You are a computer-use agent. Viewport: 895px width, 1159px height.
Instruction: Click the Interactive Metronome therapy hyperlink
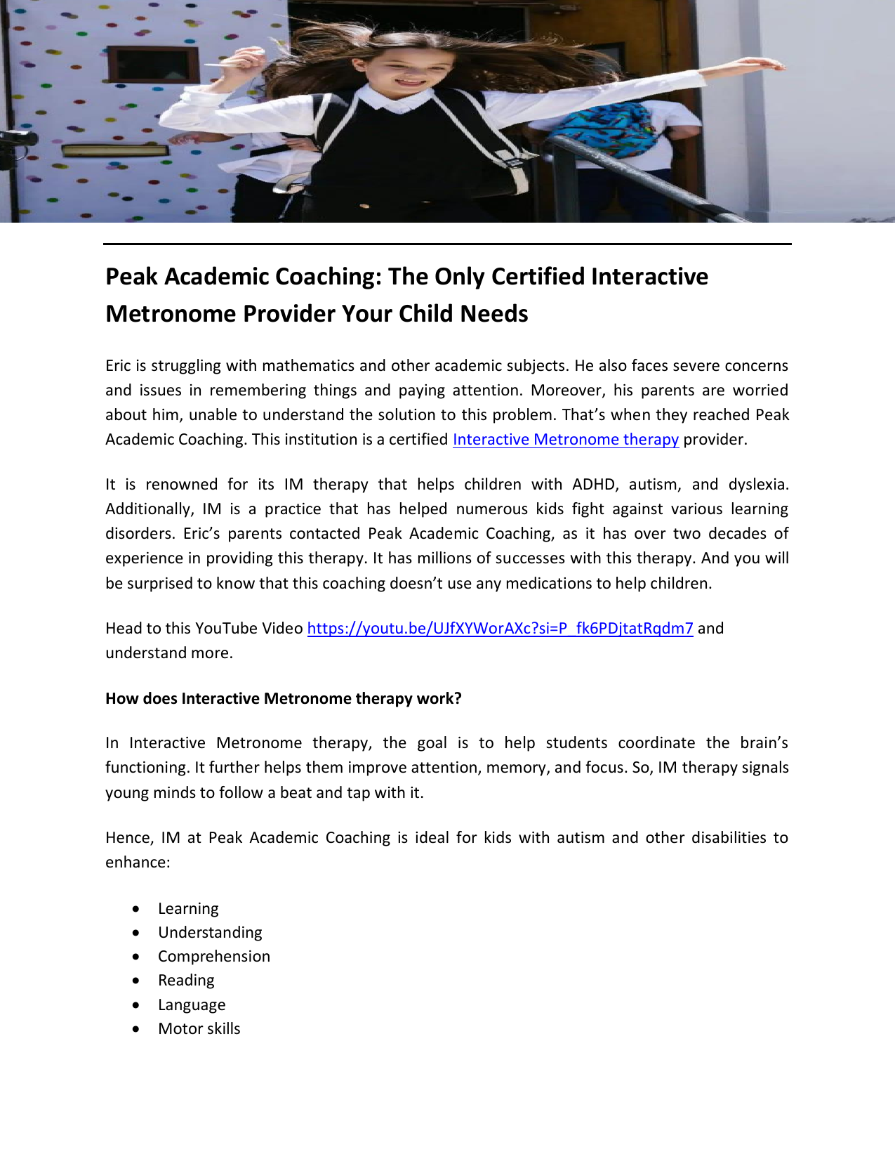[x=565, y=440]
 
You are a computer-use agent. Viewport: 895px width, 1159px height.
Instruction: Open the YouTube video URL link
[x=500, y=629]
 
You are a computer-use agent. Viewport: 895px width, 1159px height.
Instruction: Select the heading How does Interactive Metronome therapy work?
[x=284, y=699]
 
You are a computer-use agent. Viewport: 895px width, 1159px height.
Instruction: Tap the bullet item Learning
[x=188, y=909]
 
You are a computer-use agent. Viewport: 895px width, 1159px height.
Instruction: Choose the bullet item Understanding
[x=210, y=933]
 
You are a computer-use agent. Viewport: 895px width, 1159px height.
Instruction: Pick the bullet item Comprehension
[x=214, y=957]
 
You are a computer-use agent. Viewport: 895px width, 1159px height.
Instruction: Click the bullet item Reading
[x=186, y=981]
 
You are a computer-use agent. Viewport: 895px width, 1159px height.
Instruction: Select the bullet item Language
[x=192, y=1005]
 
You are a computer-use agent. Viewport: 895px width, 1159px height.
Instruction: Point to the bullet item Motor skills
[x=199, y=1029]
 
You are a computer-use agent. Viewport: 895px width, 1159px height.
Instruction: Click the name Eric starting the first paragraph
[x=118, y=366]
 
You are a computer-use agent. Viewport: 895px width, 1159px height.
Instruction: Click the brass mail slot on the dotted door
[x=116, y=150]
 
